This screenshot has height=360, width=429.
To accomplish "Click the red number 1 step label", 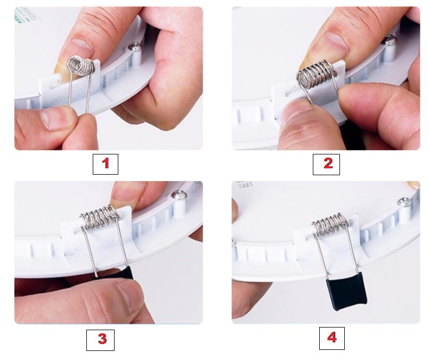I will (x=106, y=164).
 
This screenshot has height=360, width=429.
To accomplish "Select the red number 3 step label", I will (x=101, y=339).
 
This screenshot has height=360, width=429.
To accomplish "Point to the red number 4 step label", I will (x=331, y=338).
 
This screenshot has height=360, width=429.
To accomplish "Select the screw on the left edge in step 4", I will (x=234, y=243).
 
